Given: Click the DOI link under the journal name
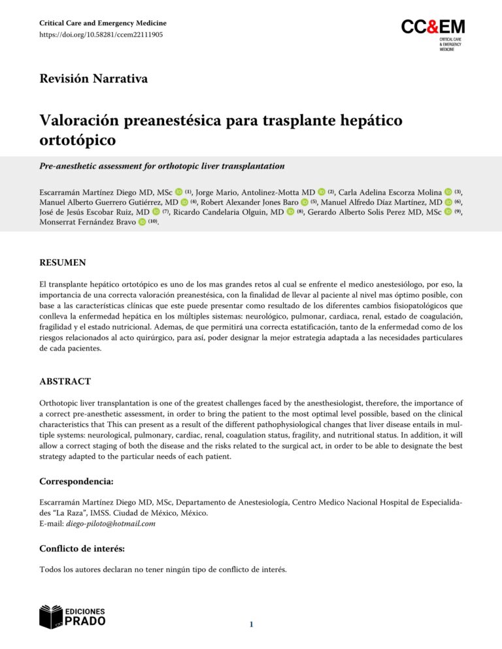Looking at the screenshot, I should [x=101, y=35].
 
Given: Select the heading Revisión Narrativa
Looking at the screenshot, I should [x=93, y=80].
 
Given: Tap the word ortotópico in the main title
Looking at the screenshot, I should [x=78, y=140].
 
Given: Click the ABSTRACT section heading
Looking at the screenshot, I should [x=65, y=381].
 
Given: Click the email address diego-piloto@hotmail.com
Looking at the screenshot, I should [x=110, y=524].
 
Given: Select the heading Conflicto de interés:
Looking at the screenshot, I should [x=83, y=549].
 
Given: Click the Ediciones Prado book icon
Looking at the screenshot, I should [x=51, y=616].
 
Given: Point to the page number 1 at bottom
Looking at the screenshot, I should [x=250, y=625].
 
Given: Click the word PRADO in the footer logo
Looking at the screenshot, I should [x=85, y=621].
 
